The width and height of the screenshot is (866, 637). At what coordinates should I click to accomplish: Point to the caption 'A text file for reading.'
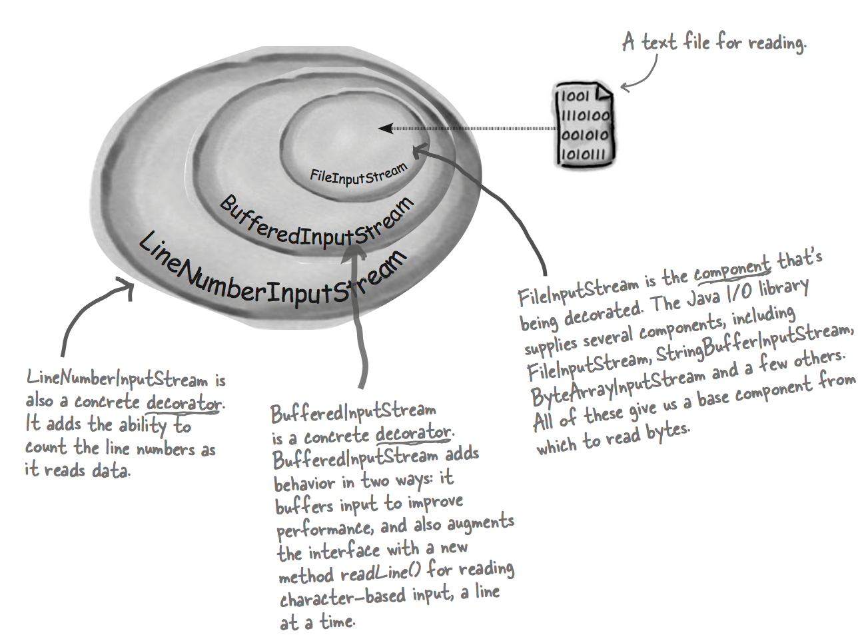coord(713,43)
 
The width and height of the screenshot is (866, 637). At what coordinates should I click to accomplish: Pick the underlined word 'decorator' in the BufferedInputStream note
coord(413,434)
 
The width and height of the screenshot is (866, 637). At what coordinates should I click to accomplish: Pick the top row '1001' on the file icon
coord(574,97)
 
